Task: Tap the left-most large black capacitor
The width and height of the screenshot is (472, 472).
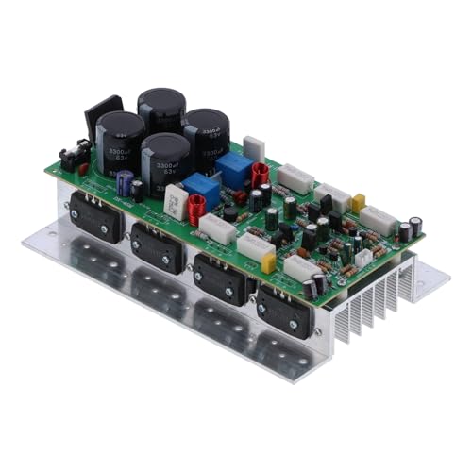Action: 120,139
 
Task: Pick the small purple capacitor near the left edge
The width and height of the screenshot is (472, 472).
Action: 125,182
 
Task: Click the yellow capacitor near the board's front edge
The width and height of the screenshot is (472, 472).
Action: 268,263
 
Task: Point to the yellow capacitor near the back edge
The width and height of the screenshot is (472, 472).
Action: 358,201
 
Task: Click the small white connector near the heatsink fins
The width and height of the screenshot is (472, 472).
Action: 362,257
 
